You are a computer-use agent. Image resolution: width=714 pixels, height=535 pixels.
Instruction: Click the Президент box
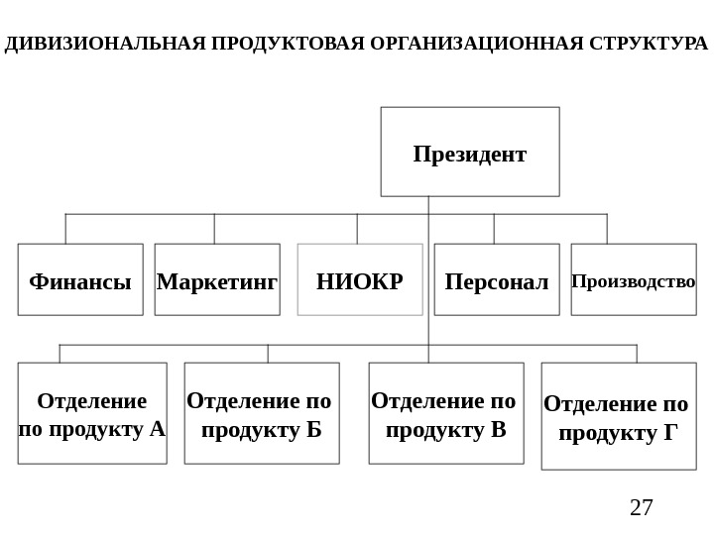[470, 152]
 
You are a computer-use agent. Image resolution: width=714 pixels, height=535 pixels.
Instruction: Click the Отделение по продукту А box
[92, 413]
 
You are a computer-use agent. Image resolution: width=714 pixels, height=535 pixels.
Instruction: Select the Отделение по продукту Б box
[262, 413]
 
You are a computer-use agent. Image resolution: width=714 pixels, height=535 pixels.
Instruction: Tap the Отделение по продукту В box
[446, 413]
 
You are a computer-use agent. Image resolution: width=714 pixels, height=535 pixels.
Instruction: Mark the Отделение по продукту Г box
[619, 416]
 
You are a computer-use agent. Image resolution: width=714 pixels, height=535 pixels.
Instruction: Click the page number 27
[642, 508]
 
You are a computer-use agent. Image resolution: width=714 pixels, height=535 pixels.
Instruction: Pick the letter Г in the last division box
[670, 433]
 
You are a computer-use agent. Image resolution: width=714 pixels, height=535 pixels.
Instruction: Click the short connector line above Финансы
[65, 229]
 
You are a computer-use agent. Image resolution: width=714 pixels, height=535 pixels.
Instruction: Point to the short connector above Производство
[607, 229]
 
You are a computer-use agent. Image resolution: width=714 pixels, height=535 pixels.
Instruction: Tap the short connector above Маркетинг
[214, 229]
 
